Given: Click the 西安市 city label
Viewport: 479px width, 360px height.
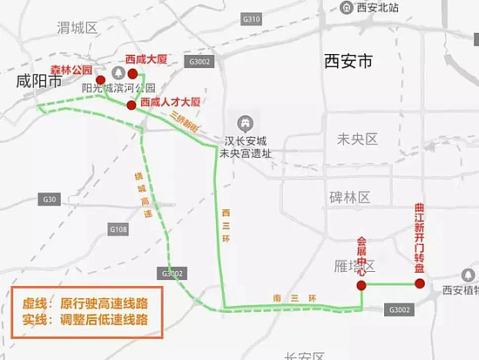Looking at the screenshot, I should (347, 62).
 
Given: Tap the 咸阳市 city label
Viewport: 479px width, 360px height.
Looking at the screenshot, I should (40, 82).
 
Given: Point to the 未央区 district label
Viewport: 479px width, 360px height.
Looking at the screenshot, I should (357, 139).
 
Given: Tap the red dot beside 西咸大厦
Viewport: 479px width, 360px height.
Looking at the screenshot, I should (132, 74).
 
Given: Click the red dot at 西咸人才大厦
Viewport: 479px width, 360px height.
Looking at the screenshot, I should (132, 105).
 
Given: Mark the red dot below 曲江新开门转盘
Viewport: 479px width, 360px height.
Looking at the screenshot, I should (420, 283).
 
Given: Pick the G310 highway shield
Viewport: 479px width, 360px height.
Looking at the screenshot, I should (252, 18).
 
